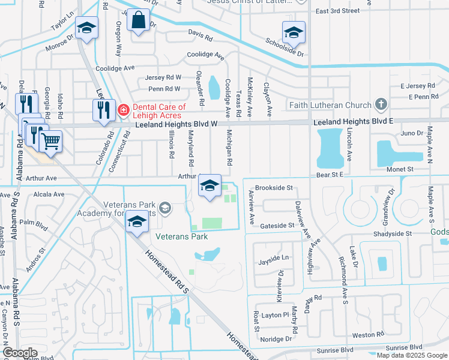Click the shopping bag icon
click(x=139, y=20)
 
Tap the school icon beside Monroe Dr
click(x=86, y=29)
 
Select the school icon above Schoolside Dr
click(x=294, y=32)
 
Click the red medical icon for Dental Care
click(x=123, y=110)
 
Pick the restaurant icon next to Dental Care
click(x=104, y=110)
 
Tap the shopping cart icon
click(x=51, y=142)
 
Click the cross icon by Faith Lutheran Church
click(x=380, y=105)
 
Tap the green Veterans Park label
click(x=181, y=236)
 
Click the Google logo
click(x=20, y=353)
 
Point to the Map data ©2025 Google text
click(x=412, y=355)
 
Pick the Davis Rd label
click(x=200, y=37)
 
